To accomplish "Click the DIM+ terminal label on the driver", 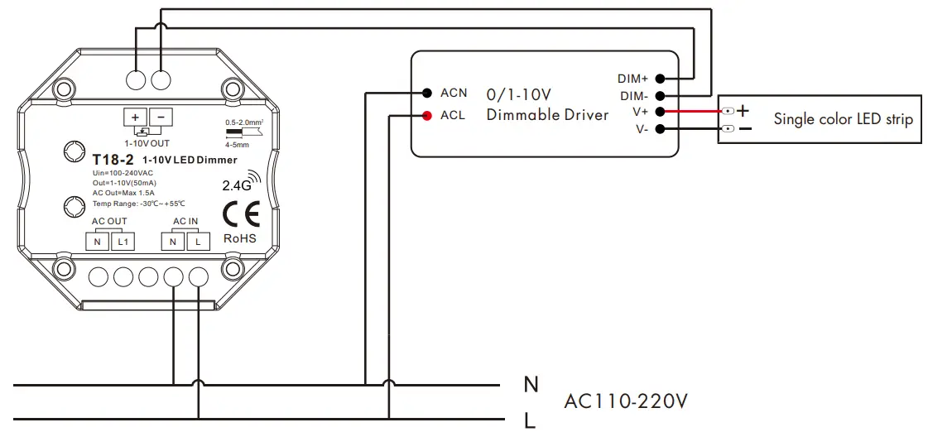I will [x=632, y=79].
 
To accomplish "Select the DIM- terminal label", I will [x=634, y=96].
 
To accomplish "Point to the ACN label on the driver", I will [x=454, y=93].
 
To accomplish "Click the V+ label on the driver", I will [x=640, y=112].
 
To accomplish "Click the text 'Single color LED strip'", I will [x=843, y=119].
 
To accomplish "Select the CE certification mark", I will [x=241, y=214].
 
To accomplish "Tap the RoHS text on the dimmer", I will [x=240, y=238].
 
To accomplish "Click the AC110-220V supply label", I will [x=625, y=402].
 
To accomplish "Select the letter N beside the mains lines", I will [x=531, y=384].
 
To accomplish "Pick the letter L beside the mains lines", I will [x=530, y=421].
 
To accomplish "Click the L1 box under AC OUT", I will [x=123, y=242].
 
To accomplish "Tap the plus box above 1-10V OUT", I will [x=135, y=118].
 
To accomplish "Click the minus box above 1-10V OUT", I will [x=161, y=118].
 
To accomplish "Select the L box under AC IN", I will [x=198, y=242].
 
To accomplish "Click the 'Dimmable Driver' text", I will [x=547, y=115].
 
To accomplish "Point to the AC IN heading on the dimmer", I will [x=185, y=221].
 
